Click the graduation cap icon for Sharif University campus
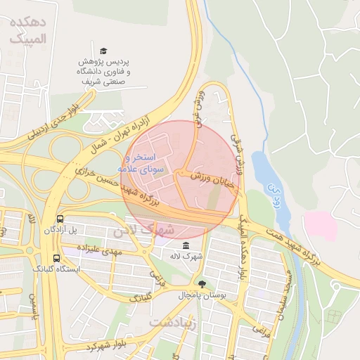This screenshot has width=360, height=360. pos(104,51)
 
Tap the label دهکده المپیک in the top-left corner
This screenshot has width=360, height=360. pos(28,31)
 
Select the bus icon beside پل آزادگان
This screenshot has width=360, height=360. pos(60,219)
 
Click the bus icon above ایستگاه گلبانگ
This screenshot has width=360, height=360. pos(56,258)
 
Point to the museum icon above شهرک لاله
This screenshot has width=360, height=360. pos(185,245)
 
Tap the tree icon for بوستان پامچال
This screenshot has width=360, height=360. pos(203,283)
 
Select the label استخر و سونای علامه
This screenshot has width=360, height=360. pos(146,162)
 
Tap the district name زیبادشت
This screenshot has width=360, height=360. pos(168,322)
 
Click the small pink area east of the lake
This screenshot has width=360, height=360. pos(320,225)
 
